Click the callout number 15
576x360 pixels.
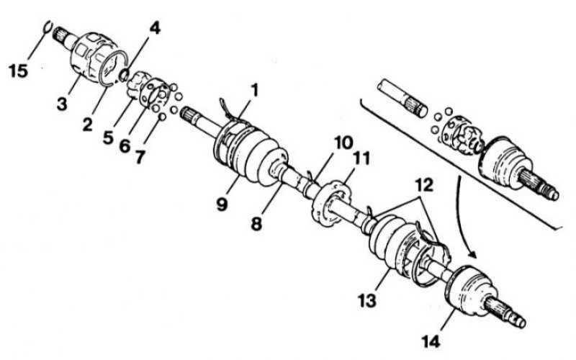coord(19,71)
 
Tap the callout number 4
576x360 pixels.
coord(155,28)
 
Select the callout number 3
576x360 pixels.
coord(62,104)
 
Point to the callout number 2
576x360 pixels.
coord(87,125)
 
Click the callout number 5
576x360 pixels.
coord(108,138)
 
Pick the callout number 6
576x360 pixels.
coord(125,146)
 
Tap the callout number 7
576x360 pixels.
coord(140,157)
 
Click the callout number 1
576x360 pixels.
coord(254,91)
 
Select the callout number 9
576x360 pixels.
coord(222,204)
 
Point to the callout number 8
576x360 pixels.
coord(256,223)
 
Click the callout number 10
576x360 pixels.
coord(343,143)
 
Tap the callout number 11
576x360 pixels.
coord(361,159)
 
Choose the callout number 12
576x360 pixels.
coord(425,185)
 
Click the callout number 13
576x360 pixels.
coord(367,300)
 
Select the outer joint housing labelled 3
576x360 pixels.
coord(94,57)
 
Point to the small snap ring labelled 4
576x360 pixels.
coord(124,74)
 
